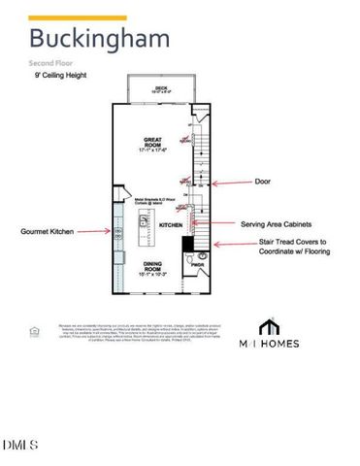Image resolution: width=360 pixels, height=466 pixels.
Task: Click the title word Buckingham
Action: (x=99, y=39)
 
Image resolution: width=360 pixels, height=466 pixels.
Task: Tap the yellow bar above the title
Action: (x=78, y=17)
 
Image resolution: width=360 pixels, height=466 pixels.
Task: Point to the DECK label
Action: (x=161, y=89)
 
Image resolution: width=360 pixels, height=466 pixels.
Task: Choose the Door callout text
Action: (x=262, y=182)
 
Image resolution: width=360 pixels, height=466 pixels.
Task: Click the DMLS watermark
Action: (x=20, y=446)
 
